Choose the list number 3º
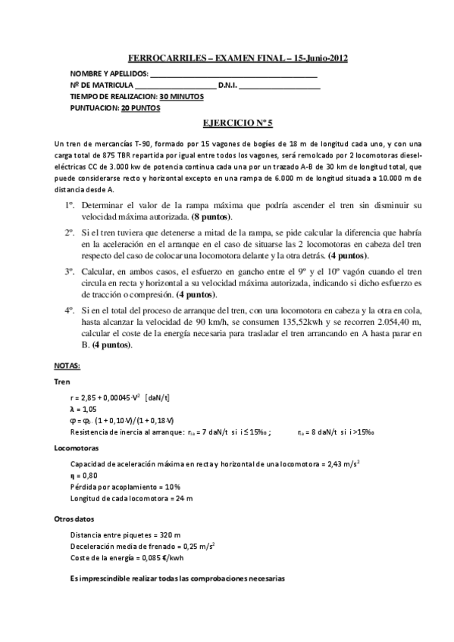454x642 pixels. [x=68, y=270]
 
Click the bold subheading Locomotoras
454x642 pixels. [x=74, y=448]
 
